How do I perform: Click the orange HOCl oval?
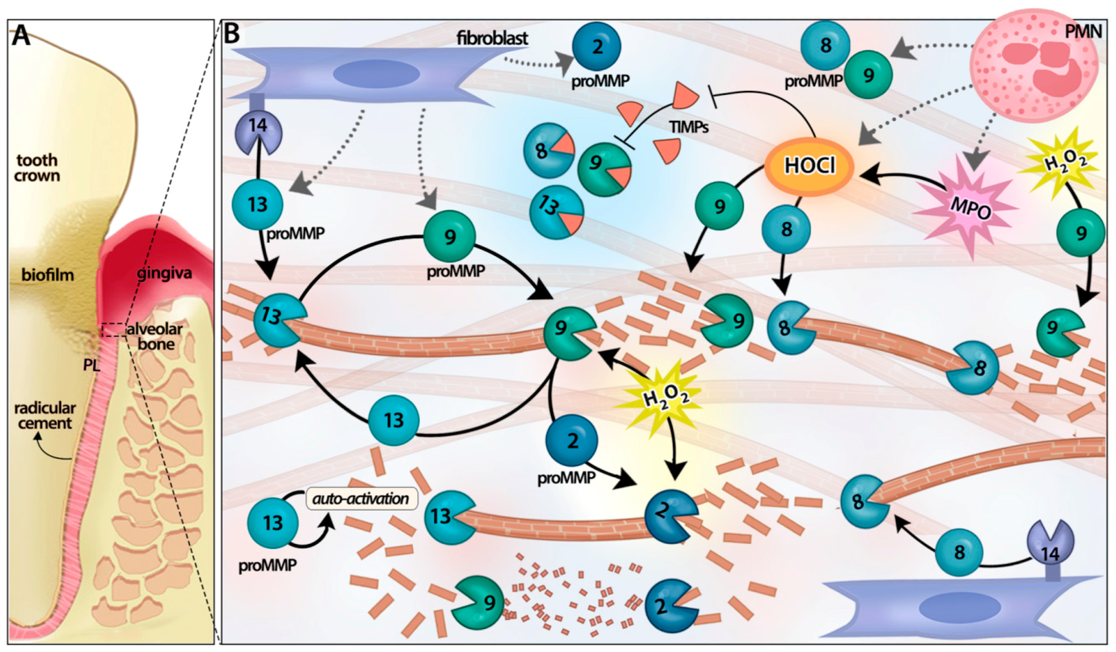[x=809, y=165]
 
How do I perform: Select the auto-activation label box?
[x=361, y=499]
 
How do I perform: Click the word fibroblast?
[x=492, y=38]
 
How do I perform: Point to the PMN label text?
[x=1083, y=32]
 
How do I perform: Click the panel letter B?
[x=232, y=33]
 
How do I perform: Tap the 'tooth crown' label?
[x=37, y=168]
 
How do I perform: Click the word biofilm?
[x=47, y=275]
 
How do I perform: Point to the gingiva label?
[x=164, y=274]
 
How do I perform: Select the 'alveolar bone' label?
[x=155, y=336]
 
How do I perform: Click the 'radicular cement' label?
[x=45, y=416]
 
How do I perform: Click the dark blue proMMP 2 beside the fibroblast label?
[x=596, y=46]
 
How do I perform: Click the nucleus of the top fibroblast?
[x=376, y=74]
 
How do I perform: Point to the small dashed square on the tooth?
[x=114, y=330]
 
